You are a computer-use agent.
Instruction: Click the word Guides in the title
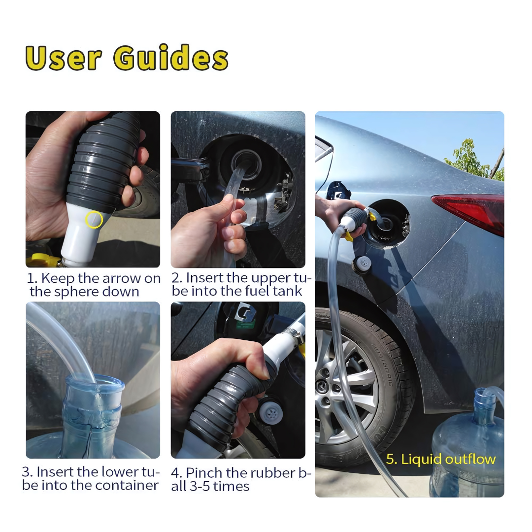coord(170,58)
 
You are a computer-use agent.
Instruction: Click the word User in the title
coord(64,58)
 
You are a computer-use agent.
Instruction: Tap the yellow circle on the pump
coord(94,220)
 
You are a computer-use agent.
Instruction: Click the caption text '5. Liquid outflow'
coord(440,460)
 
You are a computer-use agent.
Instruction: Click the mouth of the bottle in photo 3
coord(94,384)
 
